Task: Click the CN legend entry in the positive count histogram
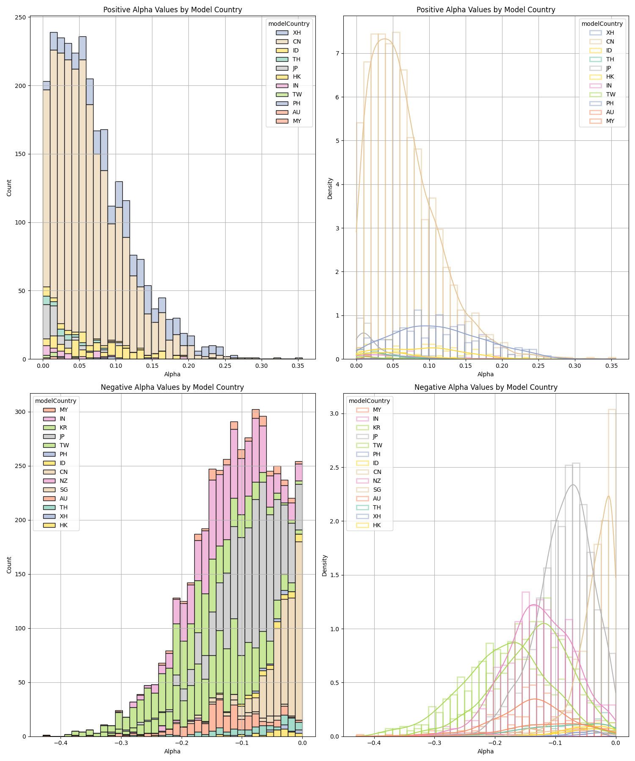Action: click(297, 41)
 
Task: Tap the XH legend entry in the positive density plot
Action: click(610, 33)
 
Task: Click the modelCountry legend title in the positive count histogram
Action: click(289, 24)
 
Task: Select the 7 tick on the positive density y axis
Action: click(337, 53)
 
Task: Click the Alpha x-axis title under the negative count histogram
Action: click(172, 751)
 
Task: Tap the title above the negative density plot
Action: click(486, 387)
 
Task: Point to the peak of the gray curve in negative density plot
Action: click(573, 485)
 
